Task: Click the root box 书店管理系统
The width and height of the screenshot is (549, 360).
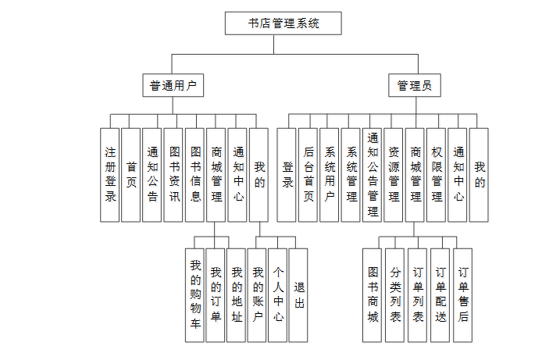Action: click(283, 23)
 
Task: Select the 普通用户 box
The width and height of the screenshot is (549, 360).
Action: click(173, 85)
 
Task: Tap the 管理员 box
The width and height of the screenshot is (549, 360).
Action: click(415, 85)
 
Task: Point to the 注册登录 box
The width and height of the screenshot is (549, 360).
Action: click(110, 175)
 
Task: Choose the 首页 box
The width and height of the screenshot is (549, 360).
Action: click(131, 175)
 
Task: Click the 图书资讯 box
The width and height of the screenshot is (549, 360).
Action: click(173, 175)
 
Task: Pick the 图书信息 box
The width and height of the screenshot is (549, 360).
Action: click(194, 175)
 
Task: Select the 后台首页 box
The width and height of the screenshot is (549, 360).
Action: click(308, 175)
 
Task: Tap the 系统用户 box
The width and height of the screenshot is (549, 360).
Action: click(329, 175)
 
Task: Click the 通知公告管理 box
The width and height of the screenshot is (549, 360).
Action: click(373, 175)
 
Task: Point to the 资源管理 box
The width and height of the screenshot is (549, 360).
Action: click(393, 175)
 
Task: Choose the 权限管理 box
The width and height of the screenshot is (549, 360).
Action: click(437, 175)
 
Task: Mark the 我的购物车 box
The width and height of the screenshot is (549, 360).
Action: click(194, 295)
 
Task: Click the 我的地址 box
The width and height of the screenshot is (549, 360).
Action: click(236, 295)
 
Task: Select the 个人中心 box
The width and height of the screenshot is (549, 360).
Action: click(278, 295)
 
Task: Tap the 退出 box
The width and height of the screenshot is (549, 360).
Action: click(298, 295)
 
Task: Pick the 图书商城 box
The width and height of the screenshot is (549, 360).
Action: click(373, 295)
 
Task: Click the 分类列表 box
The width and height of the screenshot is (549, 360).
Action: click(394, 295)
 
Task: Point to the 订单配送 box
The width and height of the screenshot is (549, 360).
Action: click(440, 295)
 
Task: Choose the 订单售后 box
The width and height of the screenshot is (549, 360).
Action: click(463, 295)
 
